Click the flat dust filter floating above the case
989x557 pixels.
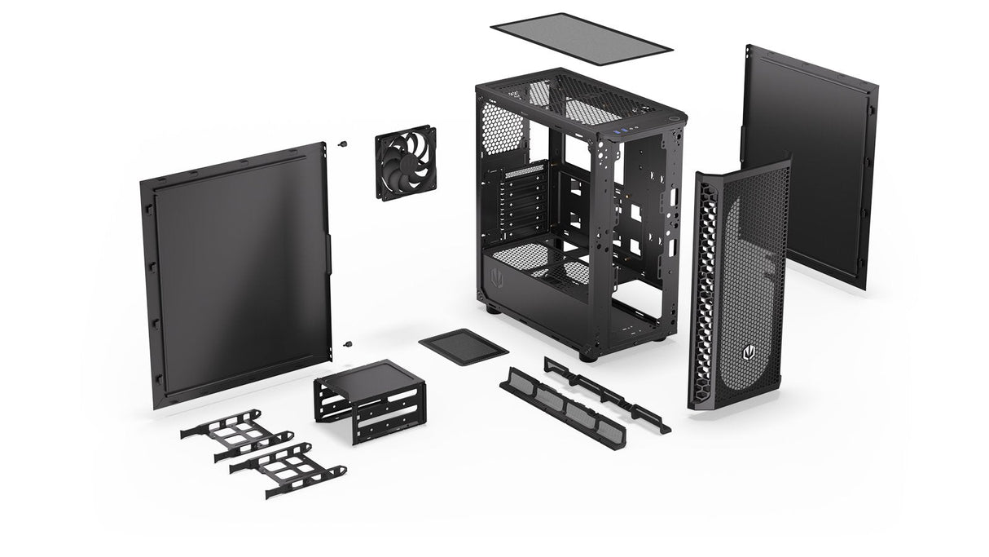tap(582, 38)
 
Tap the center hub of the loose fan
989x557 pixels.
tap(405, 161)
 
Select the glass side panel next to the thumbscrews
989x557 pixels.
tap(239, 275)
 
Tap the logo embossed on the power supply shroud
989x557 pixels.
tap(499, 279)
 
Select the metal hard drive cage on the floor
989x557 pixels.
tap(369, 400)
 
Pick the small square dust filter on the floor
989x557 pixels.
tap(463, 346)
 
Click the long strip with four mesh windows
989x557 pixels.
tap(562, 407)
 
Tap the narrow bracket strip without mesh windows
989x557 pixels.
tap(606, 392)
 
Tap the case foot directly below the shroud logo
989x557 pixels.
tap(491, 309)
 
